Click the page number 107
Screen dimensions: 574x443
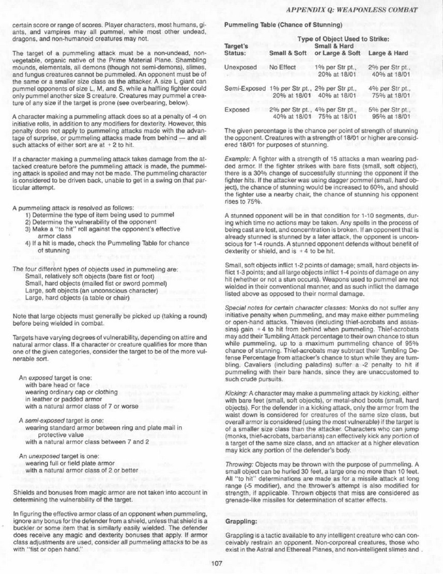pyautogui.click(x=217, y=563)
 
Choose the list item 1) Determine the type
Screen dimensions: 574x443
pyautogui.click(x=99, y=214)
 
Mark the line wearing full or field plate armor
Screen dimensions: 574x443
pyautogui.click(x=66, y=463)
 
